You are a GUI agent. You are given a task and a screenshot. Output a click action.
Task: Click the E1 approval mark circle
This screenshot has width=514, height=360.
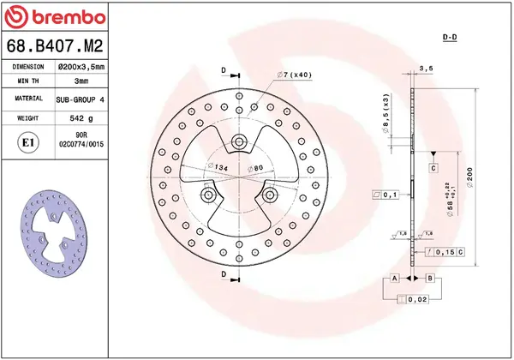pos(27,141)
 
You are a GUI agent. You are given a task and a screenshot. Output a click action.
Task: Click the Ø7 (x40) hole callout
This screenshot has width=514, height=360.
pos(294,76)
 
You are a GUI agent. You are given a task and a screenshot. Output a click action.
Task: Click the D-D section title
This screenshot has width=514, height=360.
pos(449,38)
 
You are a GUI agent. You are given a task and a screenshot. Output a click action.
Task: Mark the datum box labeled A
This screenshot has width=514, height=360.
pos(395,279)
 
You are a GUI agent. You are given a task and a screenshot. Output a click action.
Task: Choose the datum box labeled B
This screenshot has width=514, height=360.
pos(430,279)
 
